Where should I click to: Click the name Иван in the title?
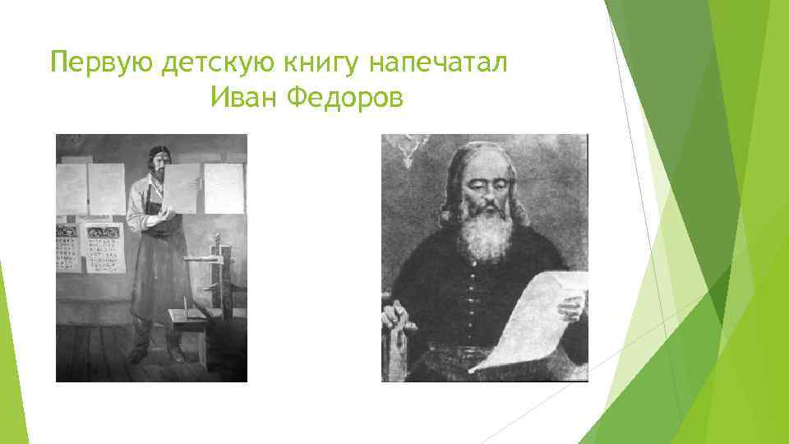pos(244,98)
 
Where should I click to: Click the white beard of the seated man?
pos(485,234)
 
